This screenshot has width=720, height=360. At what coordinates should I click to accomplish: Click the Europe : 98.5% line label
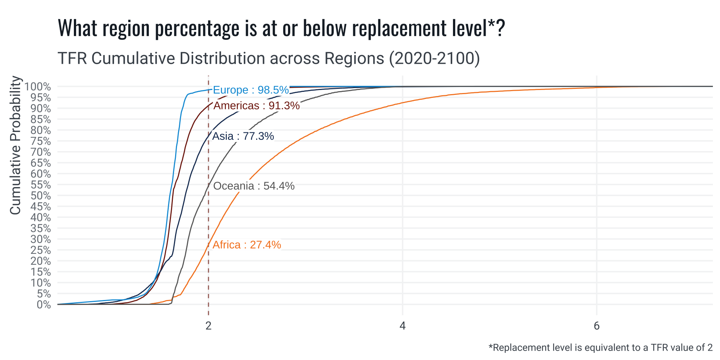(x=250, y=90)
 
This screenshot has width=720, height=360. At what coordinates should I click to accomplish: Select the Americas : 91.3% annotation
(x=256, y=106)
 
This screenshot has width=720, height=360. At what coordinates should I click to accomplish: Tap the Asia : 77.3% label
(x=243, y=136)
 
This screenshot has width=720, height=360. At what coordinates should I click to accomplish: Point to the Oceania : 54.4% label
(x=254, y=186)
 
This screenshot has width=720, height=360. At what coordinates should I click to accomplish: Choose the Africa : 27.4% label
(x=247, y=245)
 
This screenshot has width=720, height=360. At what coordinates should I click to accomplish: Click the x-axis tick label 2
(x=208, y=326)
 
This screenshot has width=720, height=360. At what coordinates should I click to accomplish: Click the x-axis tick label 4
(x=402, y=326)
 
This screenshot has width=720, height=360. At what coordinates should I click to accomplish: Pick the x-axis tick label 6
(x=597, y=326)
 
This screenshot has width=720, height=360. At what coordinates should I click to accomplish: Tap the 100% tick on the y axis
(x=37, y=87)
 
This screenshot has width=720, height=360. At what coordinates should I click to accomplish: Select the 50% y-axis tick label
(x=40, y=196)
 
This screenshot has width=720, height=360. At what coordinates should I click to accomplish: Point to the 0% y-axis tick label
(x=43, y=304)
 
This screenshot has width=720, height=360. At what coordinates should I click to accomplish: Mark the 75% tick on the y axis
(x=40, y=141)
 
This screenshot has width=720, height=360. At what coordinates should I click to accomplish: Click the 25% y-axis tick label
(x=40, y=250)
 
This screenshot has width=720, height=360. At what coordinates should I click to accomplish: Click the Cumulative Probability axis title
(x=15, y=145)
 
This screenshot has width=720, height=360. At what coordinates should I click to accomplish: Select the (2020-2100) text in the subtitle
(x=434, y=58)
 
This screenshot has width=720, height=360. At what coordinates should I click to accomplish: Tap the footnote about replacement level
(x=600, y=348)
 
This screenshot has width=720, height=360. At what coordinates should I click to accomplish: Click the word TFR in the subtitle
(x=72, y=58)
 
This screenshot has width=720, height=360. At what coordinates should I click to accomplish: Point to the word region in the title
(x=126, y=28)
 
